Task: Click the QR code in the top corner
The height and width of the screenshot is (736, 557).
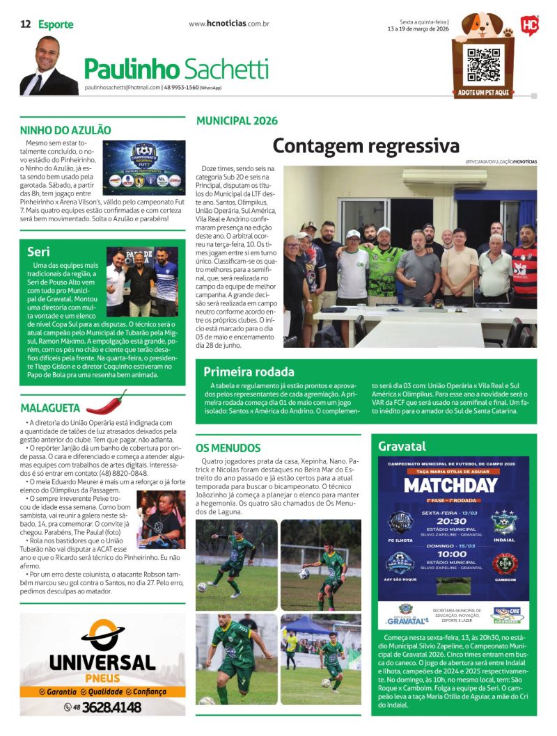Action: point(483,64)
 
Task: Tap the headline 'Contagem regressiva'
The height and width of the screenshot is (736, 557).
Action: point(366,146)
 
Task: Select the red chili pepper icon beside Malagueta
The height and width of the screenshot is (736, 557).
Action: point(107,402)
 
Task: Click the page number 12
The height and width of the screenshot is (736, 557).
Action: point(26,24)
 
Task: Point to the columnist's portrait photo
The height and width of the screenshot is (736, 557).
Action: point(48,66)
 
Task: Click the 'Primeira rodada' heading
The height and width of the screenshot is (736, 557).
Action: point(249,371)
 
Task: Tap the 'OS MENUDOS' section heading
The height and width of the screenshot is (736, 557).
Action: point(228,448)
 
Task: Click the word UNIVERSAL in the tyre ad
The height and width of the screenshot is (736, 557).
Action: point(102,662)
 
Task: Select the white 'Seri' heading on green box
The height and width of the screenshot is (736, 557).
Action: point(38,251)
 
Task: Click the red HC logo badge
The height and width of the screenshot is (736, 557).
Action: point(529,26)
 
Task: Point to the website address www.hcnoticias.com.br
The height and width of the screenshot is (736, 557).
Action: point(229,24)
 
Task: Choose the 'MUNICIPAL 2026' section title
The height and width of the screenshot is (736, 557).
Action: point(237,120)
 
